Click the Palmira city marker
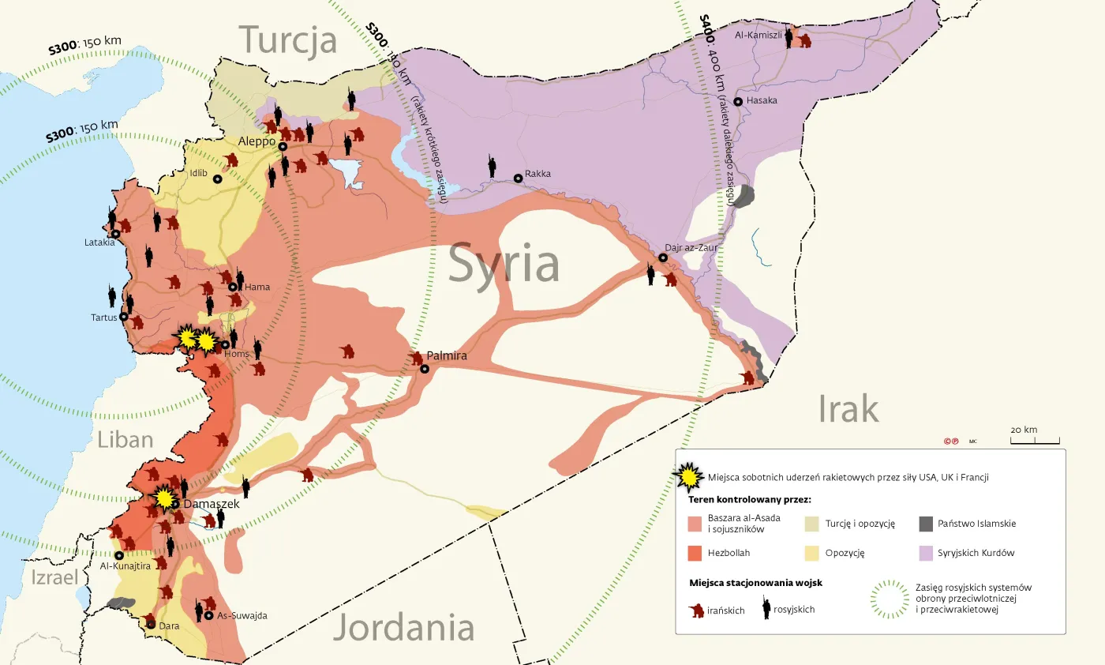(x=425, y=369)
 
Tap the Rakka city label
(x=538, y=174)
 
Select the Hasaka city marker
(x=738, y=102)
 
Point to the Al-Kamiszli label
(x=758, y=35)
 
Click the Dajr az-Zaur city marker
(x=663, y=257)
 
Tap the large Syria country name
(x=504, y=265)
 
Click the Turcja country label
(x=288, y=40)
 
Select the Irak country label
(x=848, y=409)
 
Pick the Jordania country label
(x=403, y=629)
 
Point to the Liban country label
(x=125, y=439)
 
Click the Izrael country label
(x=54, y=577)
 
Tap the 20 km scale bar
(x=1035, y=441)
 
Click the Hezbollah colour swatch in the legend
(x=695, y=553)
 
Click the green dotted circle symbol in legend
(x=889, y=599)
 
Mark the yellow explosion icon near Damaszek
(x=163, y=498)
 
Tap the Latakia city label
(x=99, y=242)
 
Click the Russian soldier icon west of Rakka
(x=492, y=165)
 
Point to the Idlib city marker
(x=218, y=179)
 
